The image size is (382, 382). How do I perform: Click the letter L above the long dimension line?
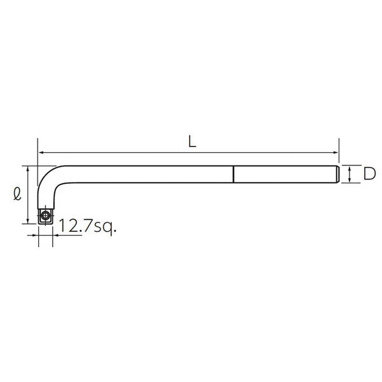coord(192,141)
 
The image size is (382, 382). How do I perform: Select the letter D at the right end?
coord(369,174)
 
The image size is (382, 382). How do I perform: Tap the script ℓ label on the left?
coord(17,194)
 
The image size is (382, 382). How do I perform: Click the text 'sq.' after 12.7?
coord(105,227)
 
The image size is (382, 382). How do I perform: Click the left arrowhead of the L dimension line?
coord(41,153)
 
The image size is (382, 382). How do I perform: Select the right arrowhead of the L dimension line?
coord(336,153)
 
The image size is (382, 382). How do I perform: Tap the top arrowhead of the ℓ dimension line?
coord(28,169)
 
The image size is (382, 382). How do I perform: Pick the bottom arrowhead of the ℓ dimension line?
coord(28,220)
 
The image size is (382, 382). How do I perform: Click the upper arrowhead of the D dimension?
coord(350,168)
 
